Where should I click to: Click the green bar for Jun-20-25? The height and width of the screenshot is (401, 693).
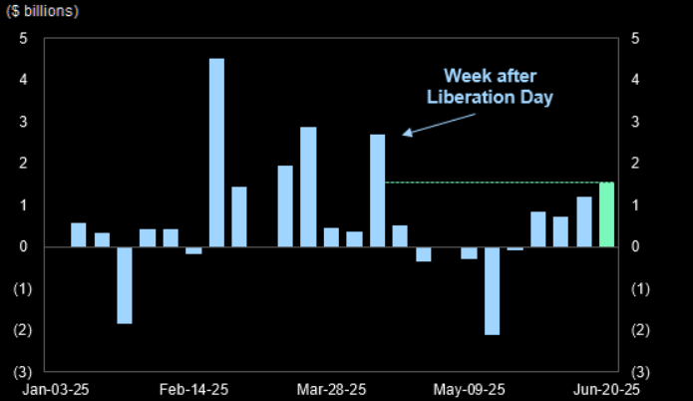pyautogui.click(x=606, y=214)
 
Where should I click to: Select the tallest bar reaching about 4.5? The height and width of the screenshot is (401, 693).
pyautogui.click(x=216, y=152)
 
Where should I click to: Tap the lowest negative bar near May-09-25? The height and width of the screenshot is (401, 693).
pyautogui.click(x=492, y=290)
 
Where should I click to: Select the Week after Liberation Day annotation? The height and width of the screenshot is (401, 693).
pyautogui.click(x=498, y=87)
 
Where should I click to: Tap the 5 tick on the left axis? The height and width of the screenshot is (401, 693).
pyautogui.click(x=23, y=38)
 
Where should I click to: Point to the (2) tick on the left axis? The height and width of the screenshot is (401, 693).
pyautogui.click(x=23, y=329)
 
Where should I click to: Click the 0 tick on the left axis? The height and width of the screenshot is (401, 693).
pyautogui.click(x=23, y=246)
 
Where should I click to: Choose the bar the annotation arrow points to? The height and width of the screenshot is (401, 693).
pyautogui.click(x=377, y=191)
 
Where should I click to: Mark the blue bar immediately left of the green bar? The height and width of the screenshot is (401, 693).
pyautogui.click(x=584, y=221)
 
